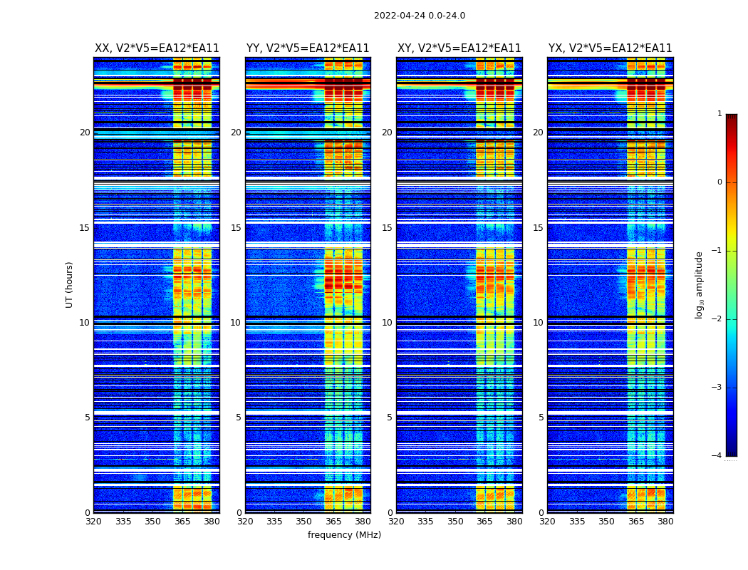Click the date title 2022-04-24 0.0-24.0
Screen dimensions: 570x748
(420, 16)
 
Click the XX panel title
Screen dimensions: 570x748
(157, 48)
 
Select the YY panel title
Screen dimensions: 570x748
(308, 48)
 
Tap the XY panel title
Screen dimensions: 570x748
(459, 48)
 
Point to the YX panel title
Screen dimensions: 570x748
(610, 48)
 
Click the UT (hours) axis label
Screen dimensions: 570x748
(70, 284)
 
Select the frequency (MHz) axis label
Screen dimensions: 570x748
(344, 535)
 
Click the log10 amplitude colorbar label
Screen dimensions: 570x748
(700, 284)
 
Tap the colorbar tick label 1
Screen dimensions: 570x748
(720, 114)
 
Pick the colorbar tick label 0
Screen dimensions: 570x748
(720, 182)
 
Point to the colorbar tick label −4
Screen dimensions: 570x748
(717, 456)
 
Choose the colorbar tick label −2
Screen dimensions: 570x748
(717, 319)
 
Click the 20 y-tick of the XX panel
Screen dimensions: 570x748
(85, 133)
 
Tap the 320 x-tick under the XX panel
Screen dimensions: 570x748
(94, 522)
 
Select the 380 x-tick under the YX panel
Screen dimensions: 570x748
(665, 522)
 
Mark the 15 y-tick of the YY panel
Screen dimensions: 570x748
(236, 228)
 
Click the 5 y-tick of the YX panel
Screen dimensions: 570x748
(541, 418)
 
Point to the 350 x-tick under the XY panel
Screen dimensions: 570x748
(455, 522)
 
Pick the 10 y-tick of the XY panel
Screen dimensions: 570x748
(387, 323)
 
